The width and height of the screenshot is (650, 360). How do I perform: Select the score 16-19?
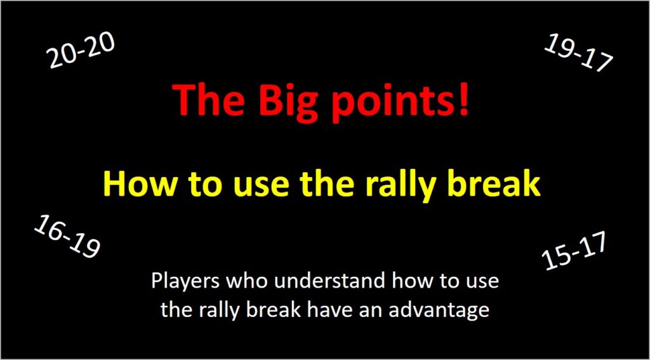point(67,236)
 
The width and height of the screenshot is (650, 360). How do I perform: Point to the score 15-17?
point(575,251)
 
